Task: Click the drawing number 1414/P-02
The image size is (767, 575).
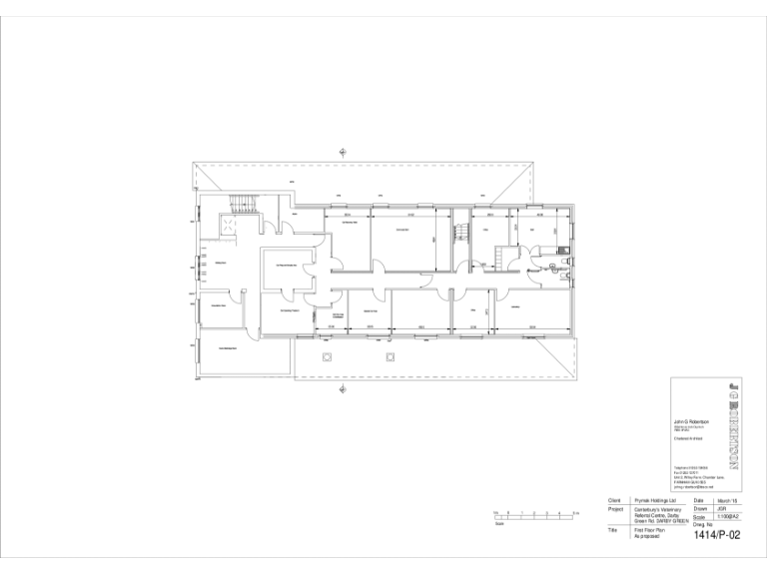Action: (x=716, y=535)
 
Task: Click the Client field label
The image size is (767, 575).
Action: (x=615, y=499)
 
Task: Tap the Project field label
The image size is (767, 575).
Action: (x=616, y=509)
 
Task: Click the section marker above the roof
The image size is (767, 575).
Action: (x=343, y=152)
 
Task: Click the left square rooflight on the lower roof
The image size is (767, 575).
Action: (x=326, y=356)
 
